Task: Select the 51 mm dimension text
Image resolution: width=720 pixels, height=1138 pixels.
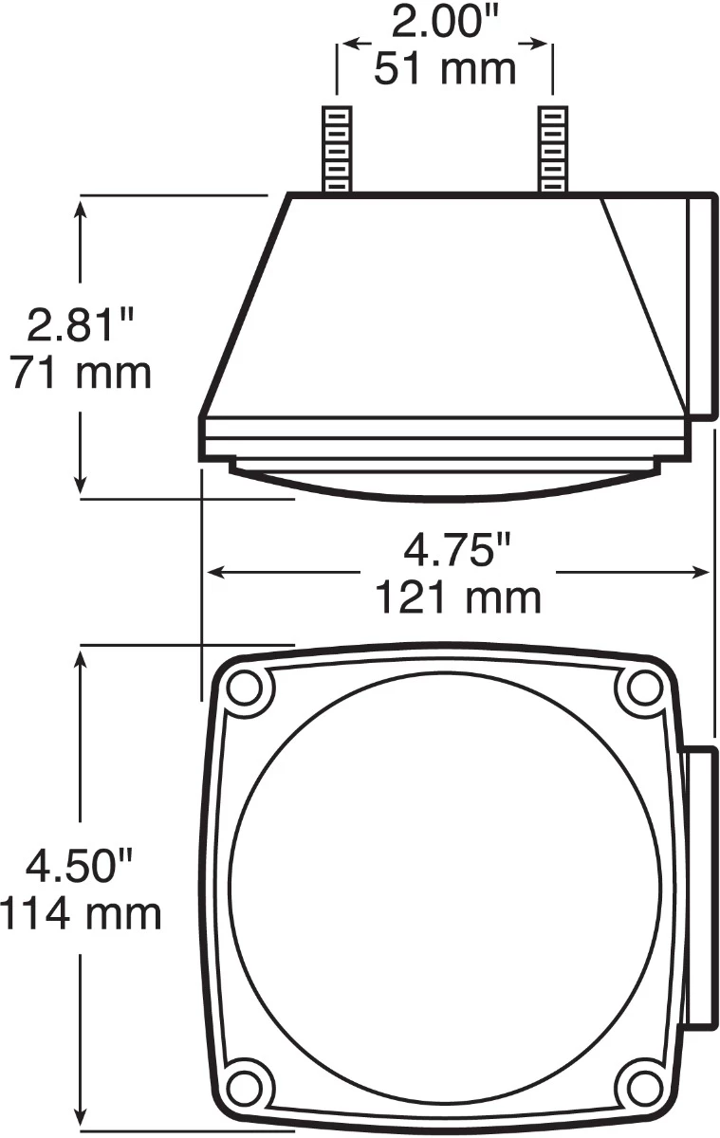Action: click(445, 68)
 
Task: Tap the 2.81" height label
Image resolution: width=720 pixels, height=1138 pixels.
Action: click(81, 326)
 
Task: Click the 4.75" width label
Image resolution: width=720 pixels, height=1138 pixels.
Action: click(458, 551)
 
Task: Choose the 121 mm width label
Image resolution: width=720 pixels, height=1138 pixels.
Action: click(458, 597)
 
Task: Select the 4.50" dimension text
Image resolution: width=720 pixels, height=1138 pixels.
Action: click(80, 868)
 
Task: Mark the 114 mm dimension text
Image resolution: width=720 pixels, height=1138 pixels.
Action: click(81, 914)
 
